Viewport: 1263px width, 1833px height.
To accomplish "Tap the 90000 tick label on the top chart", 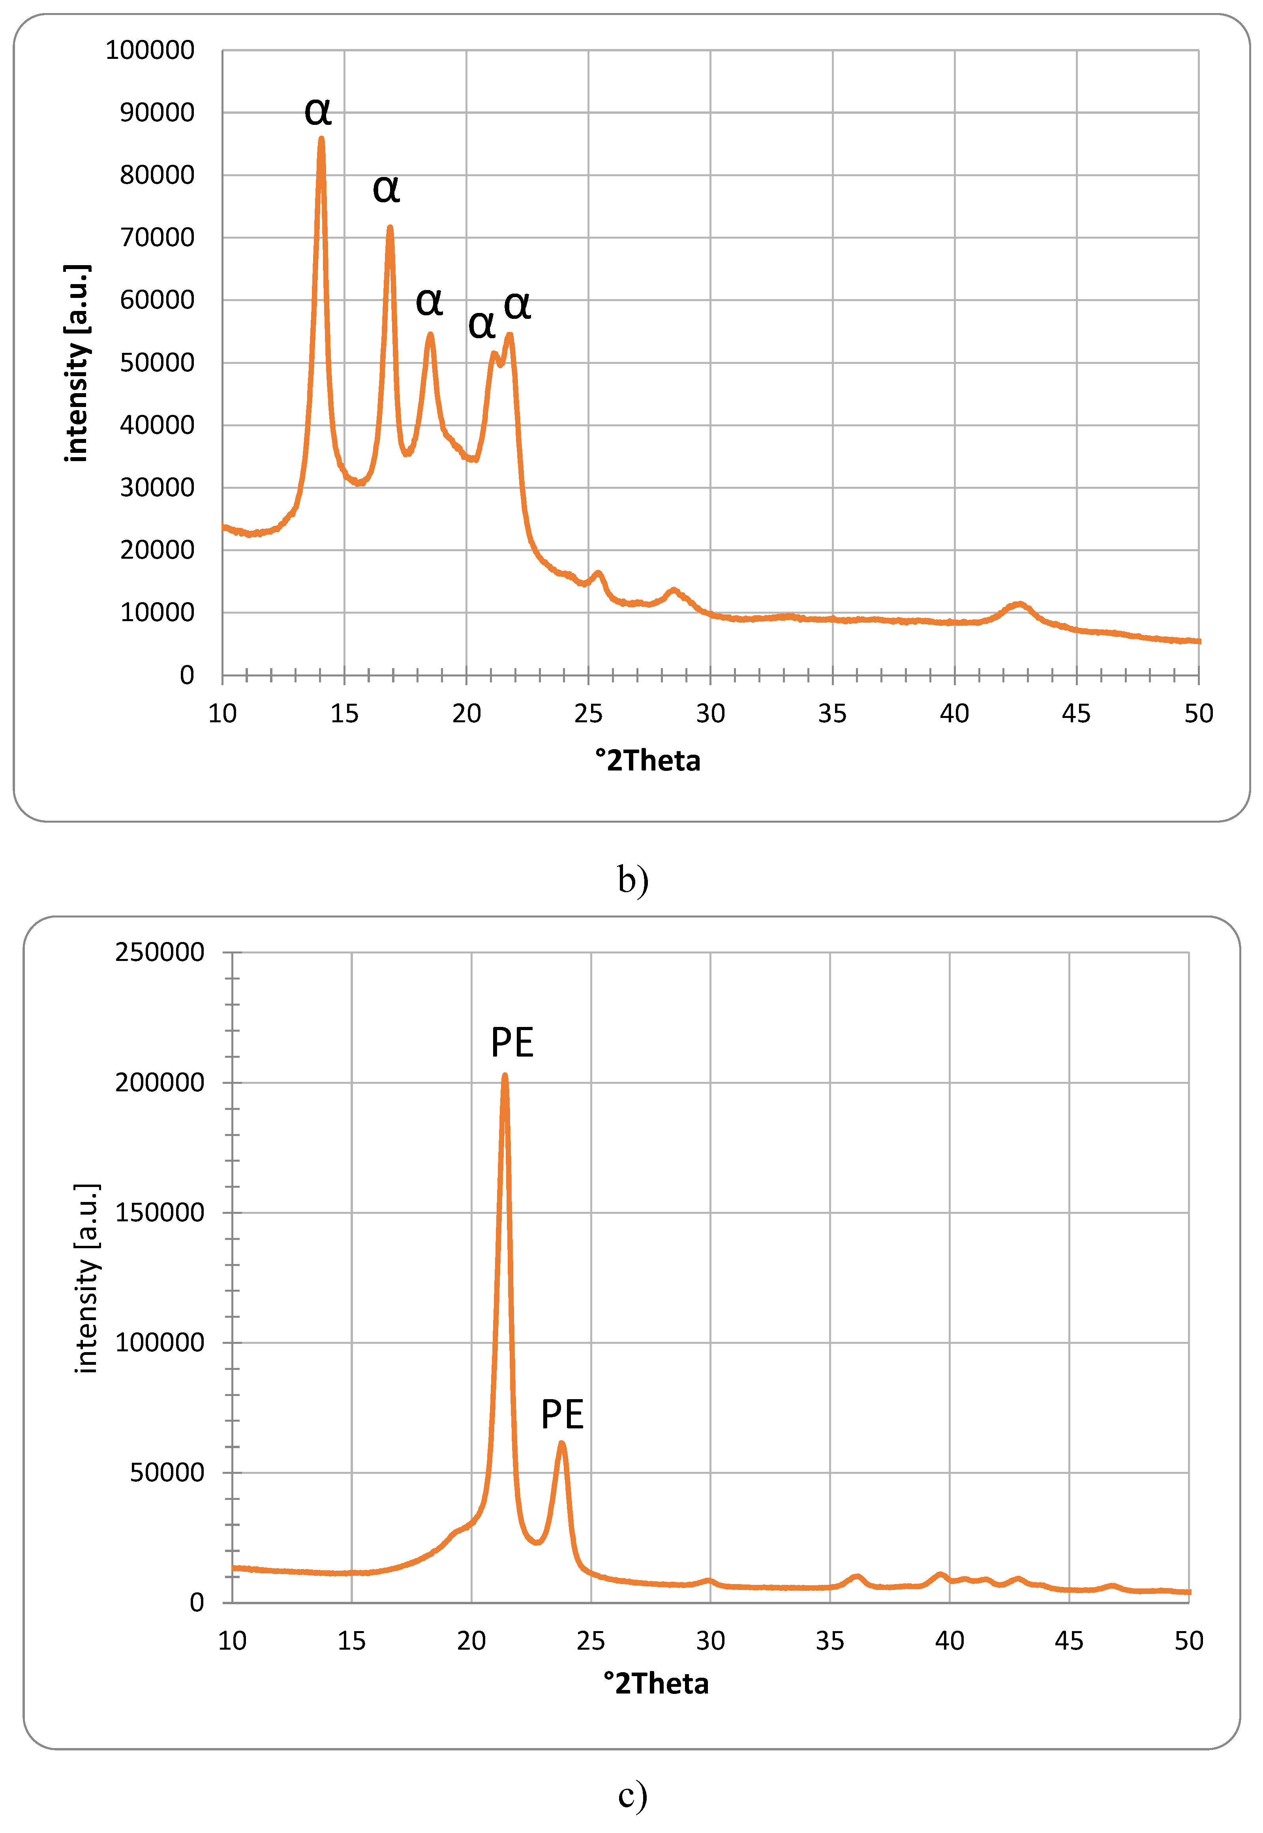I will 157,113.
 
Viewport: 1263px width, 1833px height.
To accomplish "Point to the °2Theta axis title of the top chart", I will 647,761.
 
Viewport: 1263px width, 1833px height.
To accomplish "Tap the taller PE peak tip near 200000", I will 505,1077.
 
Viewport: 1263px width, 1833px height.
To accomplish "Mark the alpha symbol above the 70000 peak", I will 386,188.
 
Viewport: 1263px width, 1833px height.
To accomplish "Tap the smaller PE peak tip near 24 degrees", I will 562,1443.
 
